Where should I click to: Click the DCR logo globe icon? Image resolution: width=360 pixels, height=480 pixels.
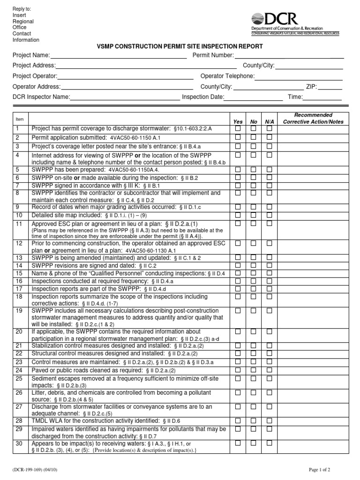coord(257,19)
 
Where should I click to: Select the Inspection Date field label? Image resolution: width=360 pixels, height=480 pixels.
coord(203,97)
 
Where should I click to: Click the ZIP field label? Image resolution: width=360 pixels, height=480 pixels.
coord(312,87)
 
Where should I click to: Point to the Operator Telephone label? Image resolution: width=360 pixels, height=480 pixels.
coord(227,76)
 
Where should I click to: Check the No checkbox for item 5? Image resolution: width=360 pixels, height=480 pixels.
coord(254,170)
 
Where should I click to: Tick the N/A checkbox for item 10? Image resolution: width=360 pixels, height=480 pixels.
coord(269,215)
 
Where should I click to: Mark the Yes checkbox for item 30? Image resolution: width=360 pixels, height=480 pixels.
coord(238,443)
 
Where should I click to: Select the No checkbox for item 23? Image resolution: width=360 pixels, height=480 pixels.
coord(254,362)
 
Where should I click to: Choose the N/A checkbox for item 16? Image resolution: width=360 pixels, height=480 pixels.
coord(269,281)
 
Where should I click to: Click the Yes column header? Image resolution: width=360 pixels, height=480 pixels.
coord(238,122)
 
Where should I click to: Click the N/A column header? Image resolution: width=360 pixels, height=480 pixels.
coord(269,122)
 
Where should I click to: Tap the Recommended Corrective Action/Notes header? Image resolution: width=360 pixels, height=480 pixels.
coord(313,118)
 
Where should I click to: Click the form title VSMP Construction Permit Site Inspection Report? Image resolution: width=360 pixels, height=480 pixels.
coord(180,46)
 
